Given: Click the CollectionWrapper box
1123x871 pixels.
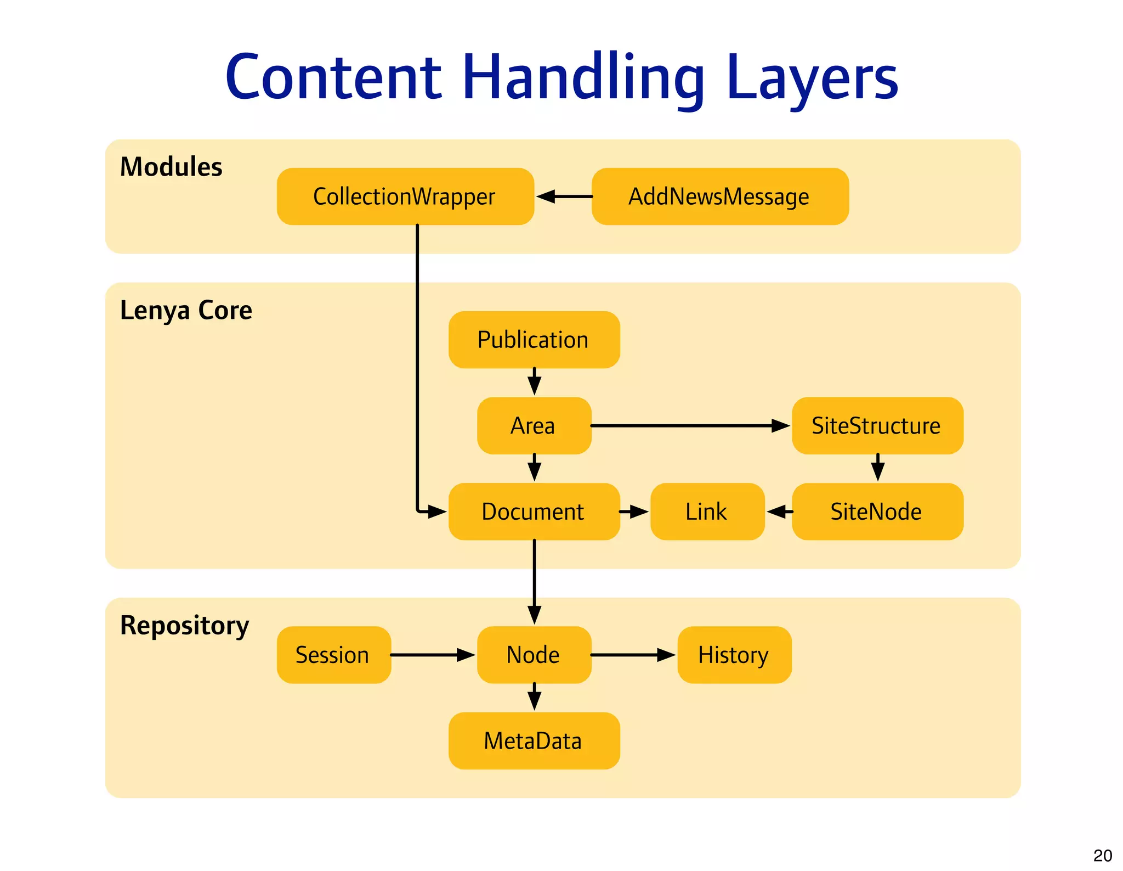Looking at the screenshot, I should pos(405,196).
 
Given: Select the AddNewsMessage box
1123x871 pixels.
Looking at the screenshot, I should pos(719,196).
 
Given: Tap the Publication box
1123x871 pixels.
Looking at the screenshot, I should pos(534,340).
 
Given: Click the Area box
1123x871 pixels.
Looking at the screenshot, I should pos(534,426).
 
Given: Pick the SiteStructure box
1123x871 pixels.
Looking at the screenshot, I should pos(877,426).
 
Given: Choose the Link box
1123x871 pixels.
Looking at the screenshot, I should pos(707,512).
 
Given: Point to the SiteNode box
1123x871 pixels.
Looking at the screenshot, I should pos(877,512).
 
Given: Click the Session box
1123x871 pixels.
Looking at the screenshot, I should pos(333,655).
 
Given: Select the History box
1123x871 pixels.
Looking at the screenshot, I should pos(734,655).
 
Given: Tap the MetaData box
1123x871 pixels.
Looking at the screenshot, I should pos(534,741).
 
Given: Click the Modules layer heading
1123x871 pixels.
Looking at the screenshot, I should pos(171,167).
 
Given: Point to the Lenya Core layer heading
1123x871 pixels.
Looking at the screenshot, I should pos(186,311).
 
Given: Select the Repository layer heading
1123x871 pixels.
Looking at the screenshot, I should pos(184,626).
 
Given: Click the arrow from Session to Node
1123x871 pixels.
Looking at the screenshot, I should pos(432,655).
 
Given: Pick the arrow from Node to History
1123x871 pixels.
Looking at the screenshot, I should pos(633,655).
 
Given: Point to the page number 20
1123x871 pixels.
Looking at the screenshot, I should pos(1102,856).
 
